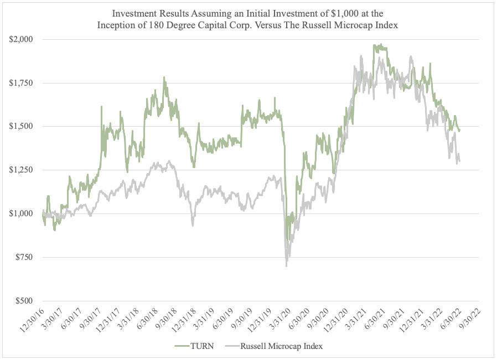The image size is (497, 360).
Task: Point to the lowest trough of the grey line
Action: click(x=286, y=266)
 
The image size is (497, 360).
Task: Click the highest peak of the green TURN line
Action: click(x=375, y=45)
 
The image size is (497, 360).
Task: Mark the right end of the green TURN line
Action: click(x=460, y=131)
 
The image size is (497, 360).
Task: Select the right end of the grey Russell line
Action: click(x=460, y=161)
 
